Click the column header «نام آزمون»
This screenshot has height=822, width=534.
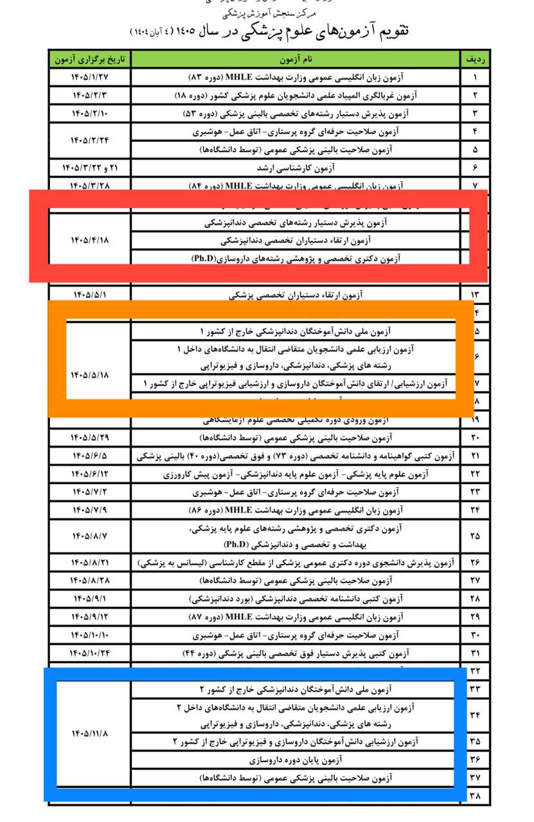[x=296, y=60]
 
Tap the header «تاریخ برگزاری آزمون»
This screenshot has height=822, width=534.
[x=90, y=60]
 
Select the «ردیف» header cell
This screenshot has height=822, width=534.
[x=476, y=60]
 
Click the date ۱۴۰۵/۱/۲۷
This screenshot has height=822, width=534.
[x=90, y=78]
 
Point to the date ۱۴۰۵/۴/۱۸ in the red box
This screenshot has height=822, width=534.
[x=90, y=241]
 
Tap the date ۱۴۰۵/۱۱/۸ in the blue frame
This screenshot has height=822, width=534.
[x=90, y=733]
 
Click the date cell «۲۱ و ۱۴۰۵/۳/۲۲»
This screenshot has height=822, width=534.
[x=90, y=168]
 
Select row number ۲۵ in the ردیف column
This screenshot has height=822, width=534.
[x=476, y=536]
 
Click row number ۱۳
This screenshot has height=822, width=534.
[x=476, y=295]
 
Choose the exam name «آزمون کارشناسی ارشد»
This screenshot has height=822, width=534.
[x=296, y=168]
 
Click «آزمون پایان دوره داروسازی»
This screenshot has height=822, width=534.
[x=296, y=760]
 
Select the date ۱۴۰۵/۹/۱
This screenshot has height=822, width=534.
[x=90, y=599]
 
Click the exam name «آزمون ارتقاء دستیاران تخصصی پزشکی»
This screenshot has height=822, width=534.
[x=296, y=295]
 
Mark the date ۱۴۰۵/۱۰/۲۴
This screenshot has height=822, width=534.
[x=90, y=654]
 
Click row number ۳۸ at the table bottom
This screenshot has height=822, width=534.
[x=476, y=796]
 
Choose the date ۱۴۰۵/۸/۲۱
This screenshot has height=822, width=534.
[x=90, y=563]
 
